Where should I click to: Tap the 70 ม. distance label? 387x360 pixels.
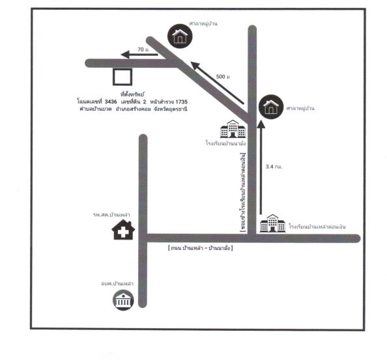(x=143, y=49)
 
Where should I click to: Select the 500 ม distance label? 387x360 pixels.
(x=223, y=77)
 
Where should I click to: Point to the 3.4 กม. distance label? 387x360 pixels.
(x=274, y=167)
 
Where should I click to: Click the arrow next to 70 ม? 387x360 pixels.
(x=139, y=55)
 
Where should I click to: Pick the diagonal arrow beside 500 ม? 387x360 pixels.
(x=217, y=83)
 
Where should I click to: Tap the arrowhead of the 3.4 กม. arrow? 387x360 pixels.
(x=261, y=124)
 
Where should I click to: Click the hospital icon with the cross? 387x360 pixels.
(x=123, y=230)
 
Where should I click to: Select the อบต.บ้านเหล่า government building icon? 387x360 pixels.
(x=123, y=300)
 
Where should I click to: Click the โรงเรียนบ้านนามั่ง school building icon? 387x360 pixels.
(x=233, y=129)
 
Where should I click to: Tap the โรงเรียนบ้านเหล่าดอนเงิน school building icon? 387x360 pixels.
(x=272, y=223)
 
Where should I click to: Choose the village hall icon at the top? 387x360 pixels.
(x=180, y=36)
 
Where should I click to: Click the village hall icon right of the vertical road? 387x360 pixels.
(x=271, y=107)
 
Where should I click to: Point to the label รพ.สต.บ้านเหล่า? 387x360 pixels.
(x=111, y=215)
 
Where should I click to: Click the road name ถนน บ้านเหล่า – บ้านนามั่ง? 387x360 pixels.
(x=200, y=248)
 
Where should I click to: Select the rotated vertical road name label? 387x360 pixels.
(x=243, y=192)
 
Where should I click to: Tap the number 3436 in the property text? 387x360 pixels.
(x=111, y=102)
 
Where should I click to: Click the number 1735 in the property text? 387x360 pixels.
(x=181, y=102)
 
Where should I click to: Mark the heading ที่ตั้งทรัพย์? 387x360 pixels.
(x=132, y=94)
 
